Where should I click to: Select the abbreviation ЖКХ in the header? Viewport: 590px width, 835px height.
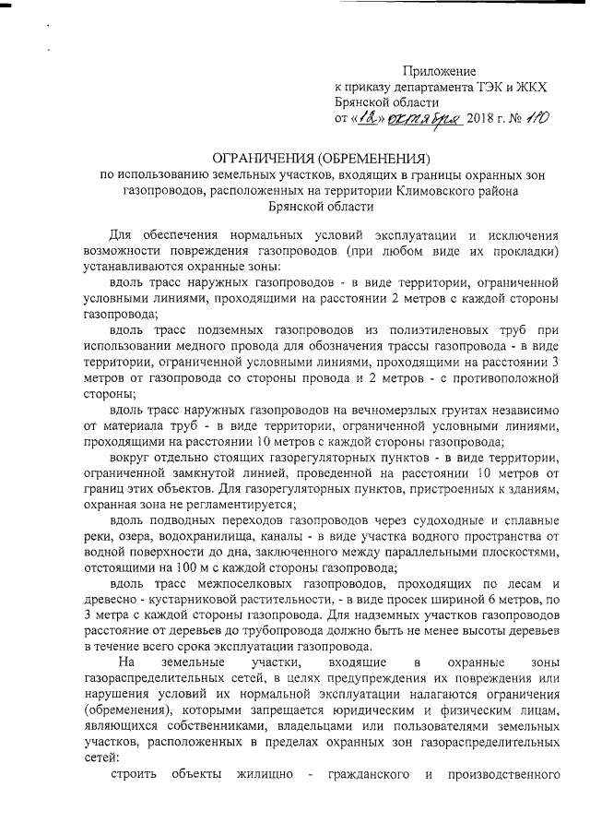click(x=532, y=87)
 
